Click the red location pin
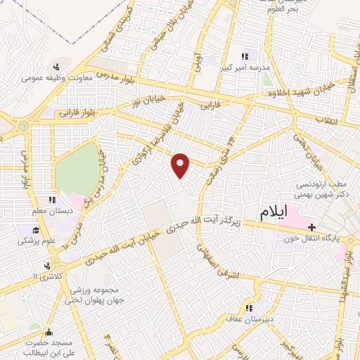[181, 165]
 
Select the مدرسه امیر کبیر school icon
[246, 56]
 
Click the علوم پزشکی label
[37, 240]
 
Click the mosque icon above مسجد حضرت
[48, 331]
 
